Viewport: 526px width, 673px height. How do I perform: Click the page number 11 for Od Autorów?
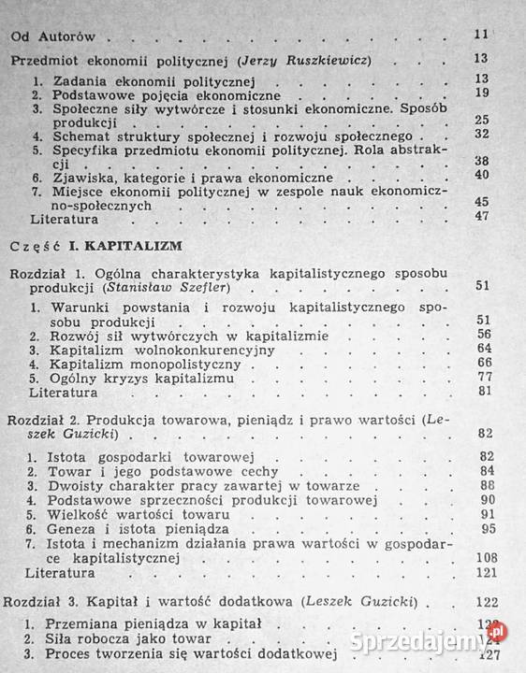(x=482, y=36)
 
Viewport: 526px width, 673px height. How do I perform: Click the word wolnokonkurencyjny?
(x=192, y=349)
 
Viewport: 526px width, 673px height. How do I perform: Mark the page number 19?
(x=482, y=93)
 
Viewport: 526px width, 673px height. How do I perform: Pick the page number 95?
(x=485, y=528)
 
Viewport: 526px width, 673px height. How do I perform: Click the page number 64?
(x=484, y=348)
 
